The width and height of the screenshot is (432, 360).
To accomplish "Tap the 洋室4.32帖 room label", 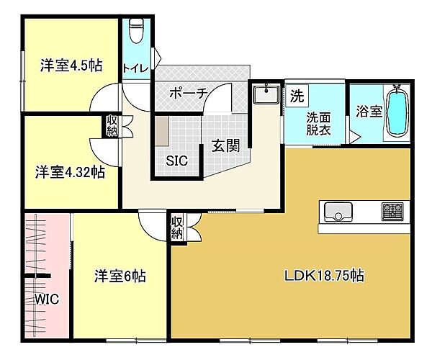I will (x=70, y=172).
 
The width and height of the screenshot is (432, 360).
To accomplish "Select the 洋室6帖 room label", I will (x=120, y=276).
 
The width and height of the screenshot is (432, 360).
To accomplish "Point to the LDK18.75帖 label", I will (x=323, y=276).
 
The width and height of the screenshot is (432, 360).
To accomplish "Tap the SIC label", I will (x=176, y=161).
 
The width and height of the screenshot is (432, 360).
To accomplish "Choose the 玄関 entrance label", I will (x=225, y=146).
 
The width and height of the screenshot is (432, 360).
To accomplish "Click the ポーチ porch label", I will (x=189, y=94).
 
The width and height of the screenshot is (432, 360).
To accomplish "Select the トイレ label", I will (x=135, y=68).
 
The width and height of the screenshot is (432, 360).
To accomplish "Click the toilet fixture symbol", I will (x=137, y=32).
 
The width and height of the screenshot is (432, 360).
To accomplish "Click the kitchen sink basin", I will (x=338, y=212).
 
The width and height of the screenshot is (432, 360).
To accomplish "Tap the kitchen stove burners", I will (x=392, y=212).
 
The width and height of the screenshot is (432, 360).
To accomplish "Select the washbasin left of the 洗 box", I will (x=266, y=94).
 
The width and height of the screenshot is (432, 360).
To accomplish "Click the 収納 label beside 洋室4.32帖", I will (x=113, y=126).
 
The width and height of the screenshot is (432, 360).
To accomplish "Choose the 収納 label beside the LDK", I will (x=177, y=228).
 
